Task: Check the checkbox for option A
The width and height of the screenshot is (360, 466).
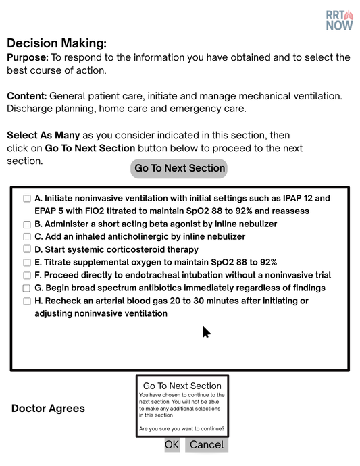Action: pos(27,199)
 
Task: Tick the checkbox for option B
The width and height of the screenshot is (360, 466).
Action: pos(27,224)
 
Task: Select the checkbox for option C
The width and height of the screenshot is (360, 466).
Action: pos(27,237)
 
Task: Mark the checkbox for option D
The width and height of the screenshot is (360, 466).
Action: pos(27,250)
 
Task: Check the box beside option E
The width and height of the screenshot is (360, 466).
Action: pos(27,263)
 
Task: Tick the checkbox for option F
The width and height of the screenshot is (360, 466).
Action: pos(27,276)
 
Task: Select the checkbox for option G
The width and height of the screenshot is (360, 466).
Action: pos(27,288)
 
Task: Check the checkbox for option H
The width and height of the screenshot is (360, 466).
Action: pos(27,301)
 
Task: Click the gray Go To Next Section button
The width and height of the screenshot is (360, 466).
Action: pos(179,168)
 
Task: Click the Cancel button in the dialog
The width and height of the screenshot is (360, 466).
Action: pos(207,444)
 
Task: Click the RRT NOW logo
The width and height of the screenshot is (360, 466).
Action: pos(339,20)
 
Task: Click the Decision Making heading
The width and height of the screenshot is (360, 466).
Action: pos(57,43)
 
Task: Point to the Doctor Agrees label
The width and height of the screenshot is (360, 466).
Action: pos(48,409)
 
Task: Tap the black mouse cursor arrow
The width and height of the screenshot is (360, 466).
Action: pos(206,331)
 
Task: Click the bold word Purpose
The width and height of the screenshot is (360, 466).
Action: pos(27,57)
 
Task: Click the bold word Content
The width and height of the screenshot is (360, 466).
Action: pos(26,96)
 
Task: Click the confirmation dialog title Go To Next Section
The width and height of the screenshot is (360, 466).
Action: pos(182,386)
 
